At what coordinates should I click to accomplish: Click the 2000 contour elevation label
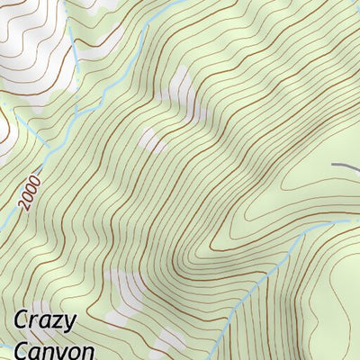tap(28, 192)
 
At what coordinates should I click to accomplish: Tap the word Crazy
tap(45, 321)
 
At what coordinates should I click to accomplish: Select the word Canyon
tap(54, 349)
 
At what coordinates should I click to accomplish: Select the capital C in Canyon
tap(22, 349)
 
